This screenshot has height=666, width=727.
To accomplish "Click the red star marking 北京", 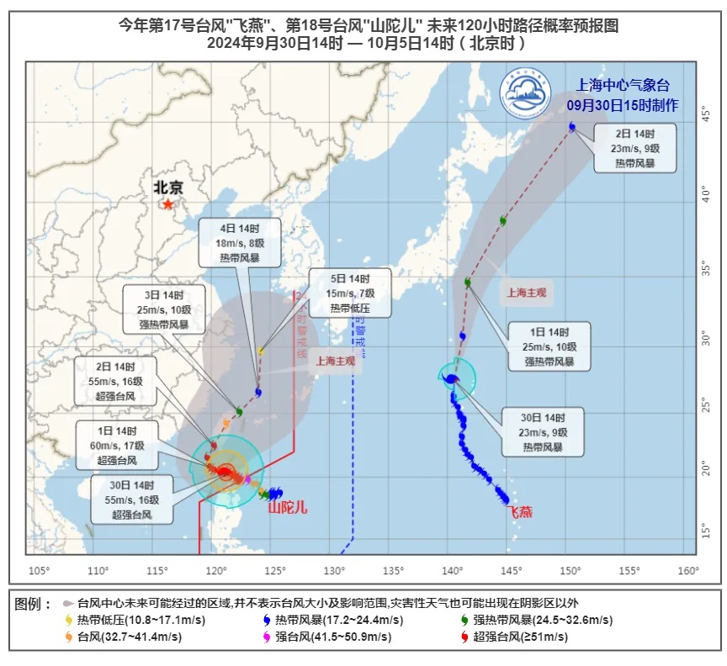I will click(x=168, y=203).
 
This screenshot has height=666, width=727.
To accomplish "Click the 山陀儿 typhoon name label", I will click(x=288, y=508).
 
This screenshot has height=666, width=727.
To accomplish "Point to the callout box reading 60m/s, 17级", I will click(x=116, y=444).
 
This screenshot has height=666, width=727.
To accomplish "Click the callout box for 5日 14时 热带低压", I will click(x=348, y=293).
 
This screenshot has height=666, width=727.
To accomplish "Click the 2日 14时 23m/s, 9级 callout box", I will click(x=634, y=147).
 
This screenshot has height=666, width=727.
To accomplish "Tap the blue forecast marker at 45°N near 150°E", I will click(x=572, y=127).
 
